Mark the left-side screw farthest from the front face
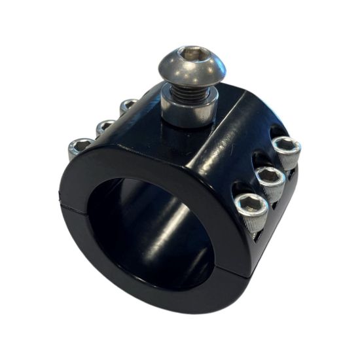coord(128,105)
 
